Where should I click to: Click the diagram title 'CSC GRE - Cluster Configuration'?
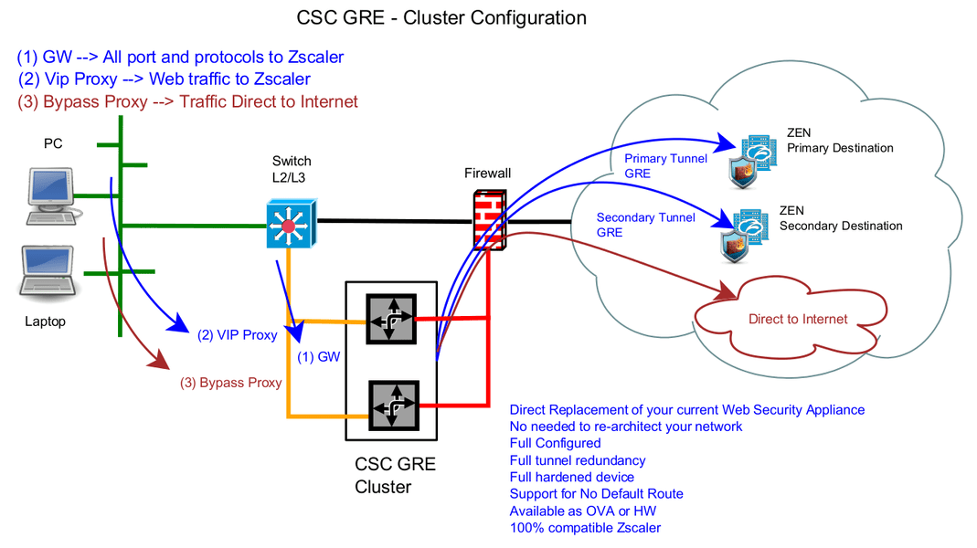[441, 17]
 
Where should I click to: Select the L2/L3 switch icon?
[292, 224]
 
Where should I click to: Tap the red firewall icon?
[489, 220]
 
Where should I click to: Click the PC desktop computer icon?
[52, 195]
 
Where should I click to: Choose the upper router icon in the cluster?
[391, 319]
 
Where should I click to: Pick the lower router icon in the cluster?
[393, 406]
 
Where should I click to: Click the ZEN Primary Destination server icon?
[753, 161]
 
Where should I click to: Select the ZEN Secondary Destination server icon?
[745, 236]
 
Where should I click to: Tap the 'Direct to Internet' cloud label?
[798, 319]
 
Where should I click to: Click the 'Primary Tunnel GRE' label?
[665, 165]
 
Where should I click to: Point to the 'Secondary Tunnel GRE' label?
[645, 225]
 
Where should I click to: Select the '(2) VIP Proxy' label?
[237, 335]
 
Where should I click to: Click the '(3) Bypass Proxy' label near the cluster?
[231, 383]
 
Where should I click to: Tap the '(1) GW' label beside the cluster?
[318, 357]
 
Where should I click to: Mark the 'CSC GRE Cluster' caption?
[395, 475]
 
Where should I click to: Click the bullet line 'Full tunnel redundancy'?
[578, 460]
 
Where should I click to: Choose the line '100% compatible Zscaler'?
[585, 528]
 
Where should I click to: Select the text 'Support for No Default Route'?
[596, 494]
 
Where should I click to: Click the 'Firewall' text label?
[487, 174]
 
